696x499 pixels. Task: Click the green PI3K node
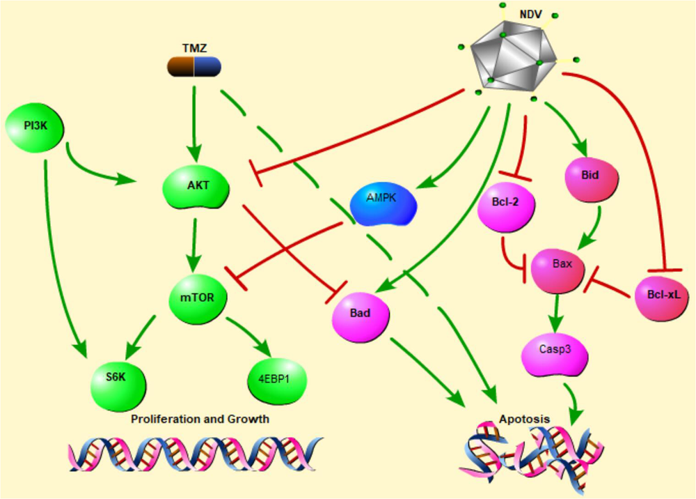pos(35,127)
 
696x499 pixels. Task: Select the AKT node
pos(196,187)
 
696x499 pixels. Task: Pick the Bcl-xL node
pos(662,295)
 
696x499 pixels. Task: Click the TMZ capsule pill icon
pos(194,68)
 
